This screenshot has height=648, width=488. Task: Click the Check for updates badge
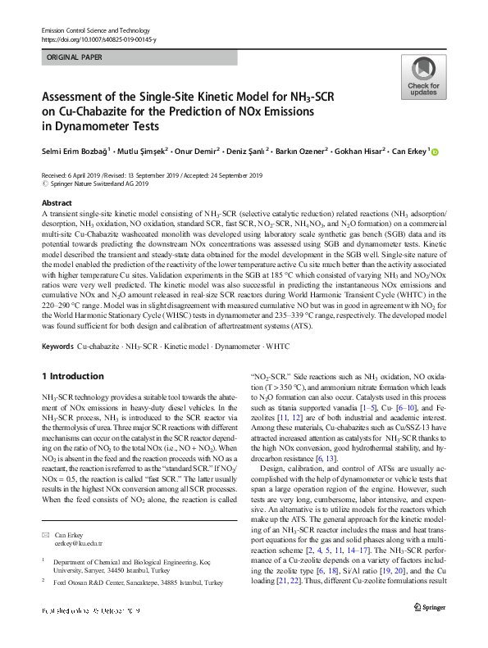coord(422,78)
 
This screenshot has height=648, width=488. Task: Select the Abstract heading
coord(57,202)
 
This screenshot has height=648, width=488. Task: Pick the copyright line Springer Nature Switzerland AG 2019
coord(103,184)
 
